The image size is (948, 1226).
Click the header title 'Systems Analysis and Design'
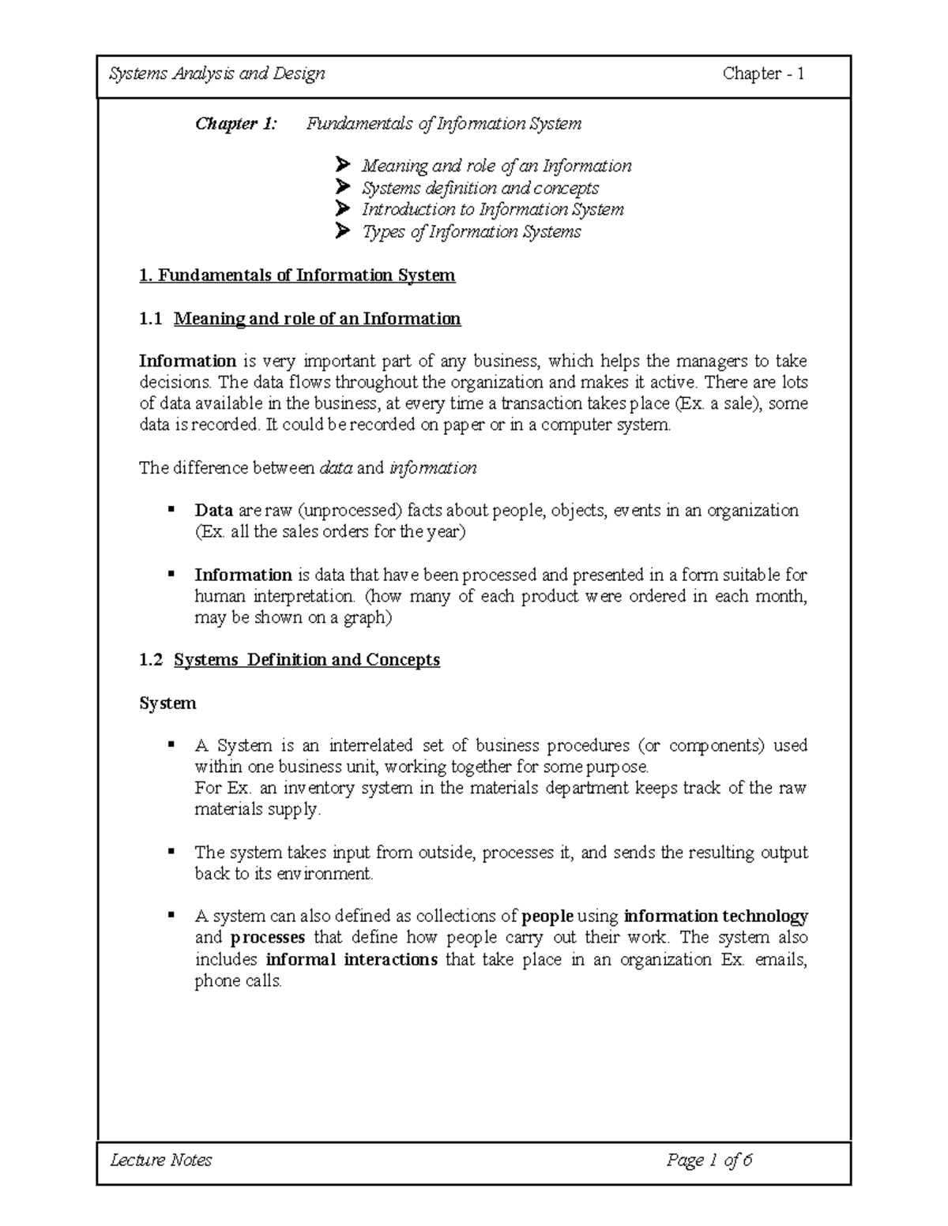point(216,74)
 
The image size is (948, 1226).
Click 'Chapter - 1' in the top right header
point(763,74)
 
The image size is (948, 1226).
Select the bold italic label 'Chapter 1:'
point(236,124)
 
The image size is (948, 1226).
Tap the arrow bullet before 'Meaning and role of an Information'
point(342,166)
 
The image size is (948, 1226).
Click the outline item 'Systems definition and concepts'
point(480,188)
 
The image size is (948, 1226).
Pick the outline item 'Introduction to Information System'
point(493,209)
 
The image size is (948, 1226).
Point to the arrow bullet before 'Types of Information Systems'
point(342,231)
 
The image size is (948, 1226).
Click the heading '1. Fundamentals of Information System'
point(297,276)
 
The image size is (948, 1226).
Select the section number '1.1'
point(150,319)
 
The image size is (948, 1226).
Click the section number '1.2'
point(150,660)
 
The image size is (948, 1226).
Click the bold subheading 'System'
point(167,703)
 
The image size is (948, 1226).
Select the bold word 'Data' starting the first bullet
point(213,511)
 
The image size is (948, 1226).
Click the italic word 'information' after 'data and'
point(433,468)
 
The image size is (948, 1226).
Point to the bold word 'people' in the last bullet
point(547,917)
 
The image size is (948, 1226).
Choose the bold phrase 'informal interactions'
point(352,960)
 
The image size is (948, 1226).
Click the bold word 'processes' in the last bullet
point(268,938)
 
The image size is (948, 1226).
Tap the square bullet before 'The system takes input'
point(171,851)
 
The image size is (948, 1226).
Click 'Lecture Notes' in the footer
point(161,1160)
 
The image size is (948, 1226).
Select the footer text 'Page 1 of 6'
point(709,1160)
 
